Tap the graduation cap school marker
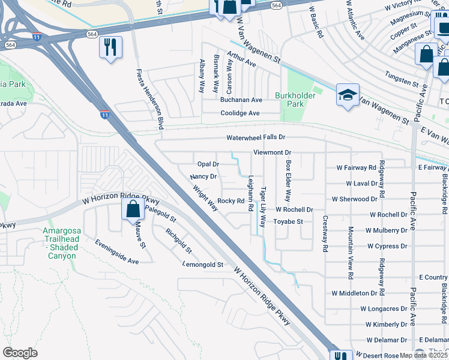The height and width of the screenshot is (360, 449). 348,95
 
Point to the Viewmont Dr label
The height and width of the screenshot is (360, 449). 272,153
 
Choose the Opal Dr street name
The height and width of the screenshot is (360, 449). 208,164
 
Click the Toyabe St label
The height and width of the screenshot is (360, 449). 289,221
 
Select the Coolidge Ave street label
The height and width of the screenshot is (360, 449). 240,113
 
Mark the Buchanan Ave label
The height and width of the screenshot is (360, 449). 241,100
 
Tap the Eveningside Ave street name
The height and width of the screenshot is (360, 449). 116,252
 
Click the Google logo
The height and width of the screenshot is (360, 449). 20,353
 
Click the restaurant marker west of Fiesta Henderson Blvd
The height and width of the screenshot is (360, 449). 110,48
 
